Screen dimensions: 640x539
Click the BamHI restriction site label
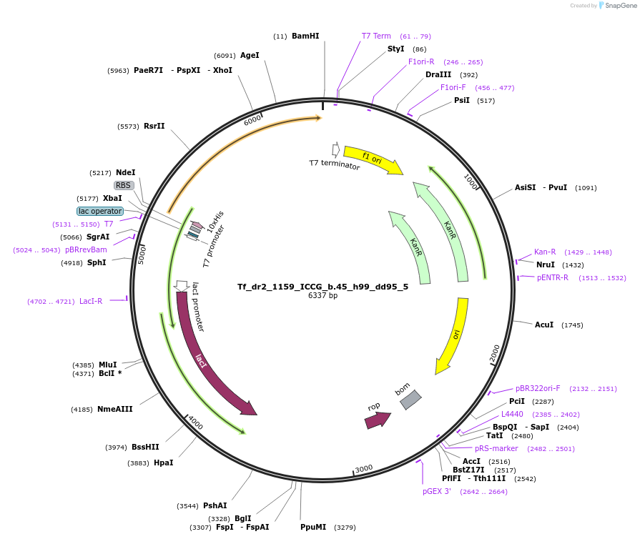pyautogui.click(x=305, y=36)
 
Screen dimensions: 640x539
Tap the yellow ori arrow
pyautogui.click(x=454, y=335)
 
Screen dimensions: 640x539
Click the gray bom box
pyautogui.click(x=410, y=400)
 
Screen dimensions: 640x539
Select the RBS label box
pyautogui.click(x=123, y=185)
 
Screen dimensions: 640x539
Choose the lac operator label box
pyautogui.click(x=100, y=211)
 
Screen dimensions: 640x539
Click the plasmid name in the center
pyautogui.click(x=323, y=287)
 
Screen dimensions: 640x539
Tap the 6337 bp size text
pyautogui.click(x=323, y=295)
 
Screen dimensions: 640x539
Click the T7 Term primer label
pyautogui.click(x=376, y=36)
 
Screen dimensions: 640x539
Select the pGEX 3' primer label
pyautogui.click(x=437, y=491)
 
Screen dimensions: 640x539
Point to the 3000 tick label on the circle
pyautogui.click(x=364, y=468)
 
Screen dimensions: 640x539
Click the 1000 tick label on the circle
pyautogui.click(x=471, y=181)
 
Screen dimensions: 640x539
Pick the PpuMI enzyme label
pyautogui.click(x=313, y=527)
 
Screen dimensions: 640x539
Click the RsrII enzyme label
pyautogui.click(x=154, y=126)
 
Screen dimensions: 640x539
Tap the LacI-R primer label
pyautogui.click(x=91, y=301)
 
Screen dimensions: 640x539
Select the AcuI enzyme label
pyautogui.click(x=544, y=325)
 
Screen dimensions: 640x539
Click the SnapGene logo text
pyautogui.click(x=621, y=5)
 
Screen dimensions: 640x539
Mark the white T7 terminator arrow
pyautogui.click(x=336, y=149)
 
